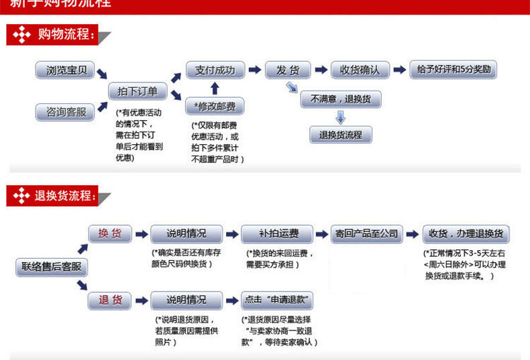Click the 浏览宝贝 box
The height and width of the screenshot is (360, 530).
[x=66, y=70]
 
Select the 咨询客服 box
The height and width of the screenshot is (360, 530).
[x=66, y=112]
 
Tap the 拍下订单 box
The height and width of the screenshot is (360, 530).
[x=138, y=91]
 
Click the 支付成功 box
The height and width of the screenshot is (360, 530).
[x=215, y=70]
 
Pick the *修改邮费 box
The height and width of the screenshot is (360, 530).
[x=215, y=106]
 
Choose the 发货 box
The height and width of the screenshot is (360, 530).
[x=288, y=70]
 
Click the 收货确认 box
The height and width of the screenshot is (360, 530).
[x=360, y=70]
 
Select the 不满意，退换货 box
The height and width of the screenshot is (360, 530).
[x=340, y=99]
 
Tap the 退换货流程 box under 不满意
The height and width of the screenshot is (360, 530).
[x=340, y=135]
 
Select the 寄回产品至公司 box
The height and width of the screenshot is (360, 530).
[x=366, y=234]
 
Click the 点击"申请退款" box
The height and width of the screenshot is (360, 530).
[x=277, y=300]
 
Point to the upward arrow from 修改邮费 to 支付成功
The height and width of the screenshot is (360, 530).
[x=215, y=88]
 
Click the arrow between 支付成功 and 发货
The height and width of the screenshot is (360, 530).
[x=254, y=70]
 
